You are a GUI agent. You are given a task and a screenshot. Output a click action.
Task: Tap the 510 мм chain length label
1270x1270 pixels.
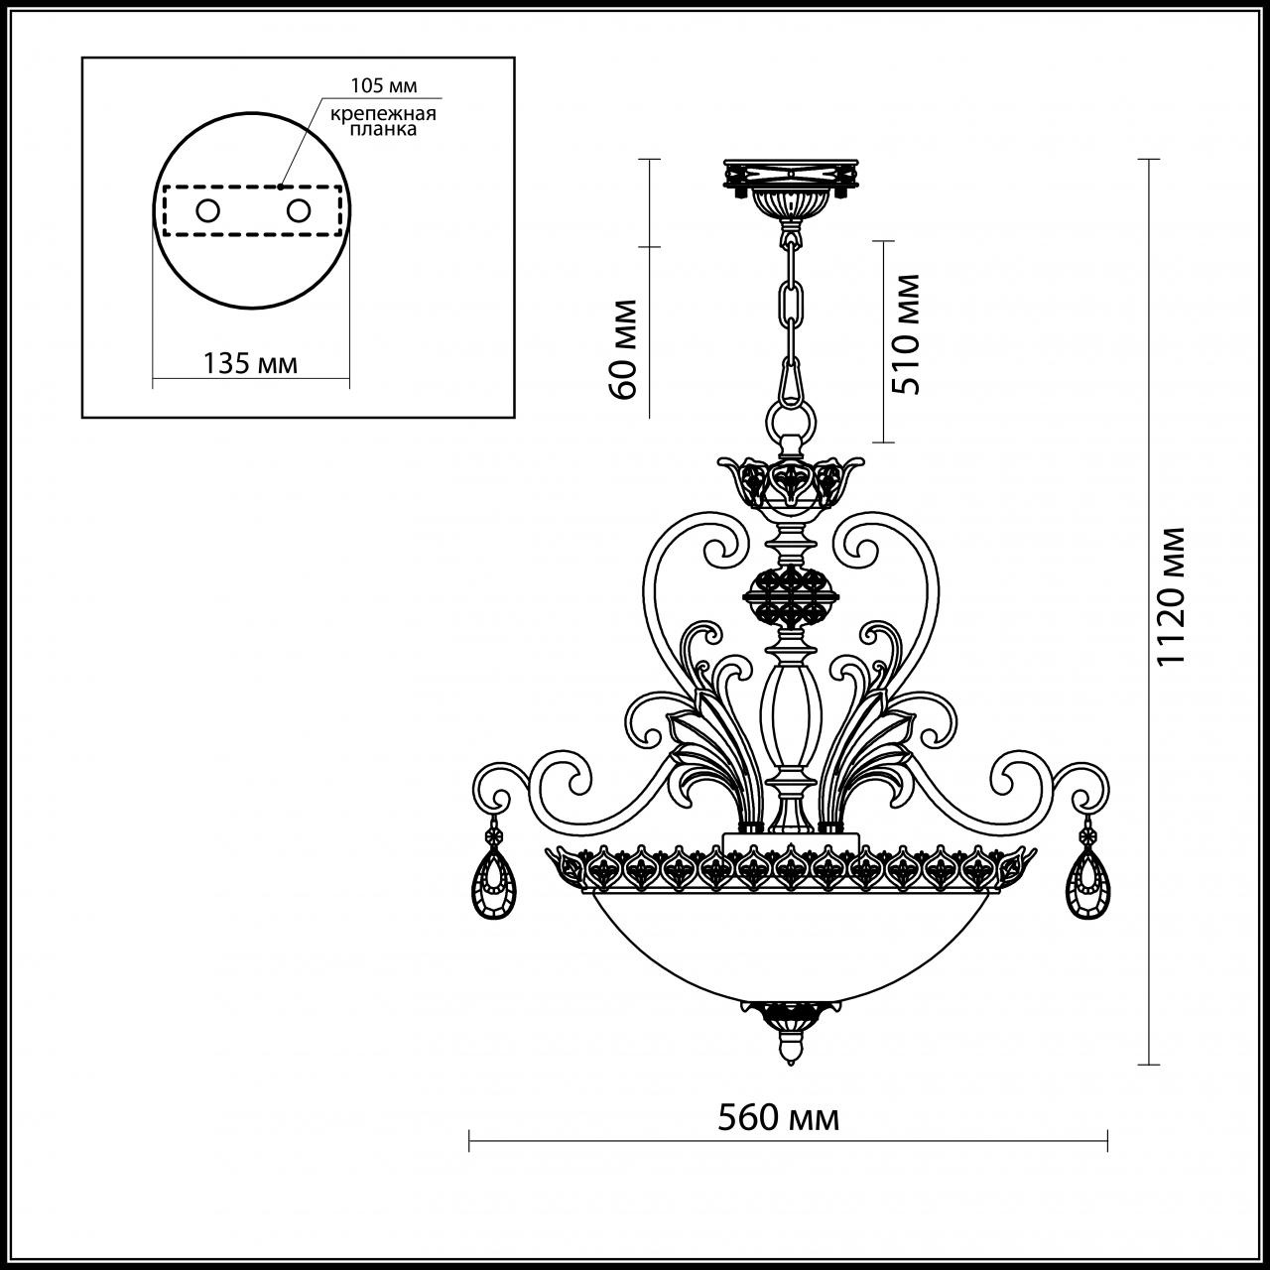tap(905, 334)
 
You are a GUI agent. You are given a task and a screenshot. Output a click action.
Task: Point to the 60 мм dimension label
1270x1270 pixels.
tap(624, 347)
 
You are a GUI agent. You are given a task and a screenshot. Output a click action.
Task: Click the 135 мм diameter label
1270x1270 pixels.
tap(250, 363)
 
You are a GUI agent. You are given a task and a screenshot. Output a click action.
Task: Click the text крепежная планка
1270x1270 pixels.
tap(384, 122)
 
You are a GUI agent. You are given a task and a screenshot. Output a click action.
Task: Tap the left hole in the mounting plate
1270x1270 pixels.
tap(207, 210)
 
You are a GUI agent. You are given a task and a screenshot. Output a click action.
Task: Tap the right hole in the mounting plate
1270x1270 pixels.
tap(297, 210)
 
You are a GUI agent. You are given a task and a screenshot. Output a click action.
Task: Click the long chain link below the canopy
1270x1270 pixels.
tap(791, 308)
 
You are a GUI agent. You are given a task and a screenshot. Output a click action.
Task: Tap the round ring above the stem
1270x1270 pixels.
tap(790, 417)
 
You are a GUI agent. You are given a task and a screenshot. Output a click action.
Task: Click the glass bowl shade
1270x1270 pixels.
tap(790, 943)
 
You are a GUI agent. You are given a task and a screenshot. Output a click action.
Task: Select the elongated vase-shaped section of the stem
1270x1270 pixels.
tap(791, 714)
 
